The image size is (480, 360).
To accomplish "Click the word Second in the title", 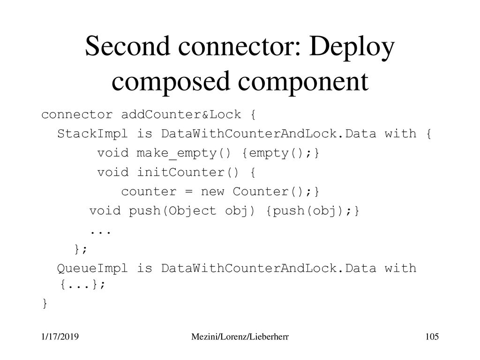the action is (127, 46).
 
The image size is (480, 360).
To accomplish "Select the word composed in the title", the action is (171, 82).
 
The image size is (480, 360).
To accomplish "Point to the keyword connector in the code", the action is (77, 115).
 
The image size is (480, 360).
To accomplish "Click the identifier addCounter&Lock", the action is (181, 114).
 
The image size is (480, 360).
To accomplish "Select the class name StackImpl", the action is (92, 134).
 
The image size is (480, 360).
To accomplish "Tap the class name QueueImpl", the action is (92, 269).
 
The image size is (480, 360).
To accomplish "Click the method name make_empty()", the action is (183, 153).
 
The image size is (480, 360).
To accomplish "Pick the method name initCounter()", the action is (187, 172).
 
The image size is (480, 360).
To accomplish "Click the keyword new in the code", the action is (212, 192).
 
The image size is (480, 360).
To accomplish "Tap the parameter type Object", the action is (192, 211).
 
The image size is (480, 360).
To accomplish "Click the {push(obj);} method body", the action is (313, 211).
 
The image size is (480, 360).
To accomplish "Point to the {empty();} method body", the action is (281, 153).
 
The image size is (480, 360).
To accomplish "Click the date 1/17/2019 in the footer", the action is (60, 337).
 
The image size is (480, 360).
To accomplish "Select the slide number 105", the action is (432, 337).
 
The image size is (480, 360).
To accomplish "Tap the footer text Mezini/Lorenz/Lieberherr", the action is (240, 337).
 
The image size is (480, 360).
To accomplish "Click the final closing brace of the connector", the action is (45, 303).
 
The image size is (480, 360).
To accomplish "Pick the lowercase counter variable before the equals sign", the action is (149, 192).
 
